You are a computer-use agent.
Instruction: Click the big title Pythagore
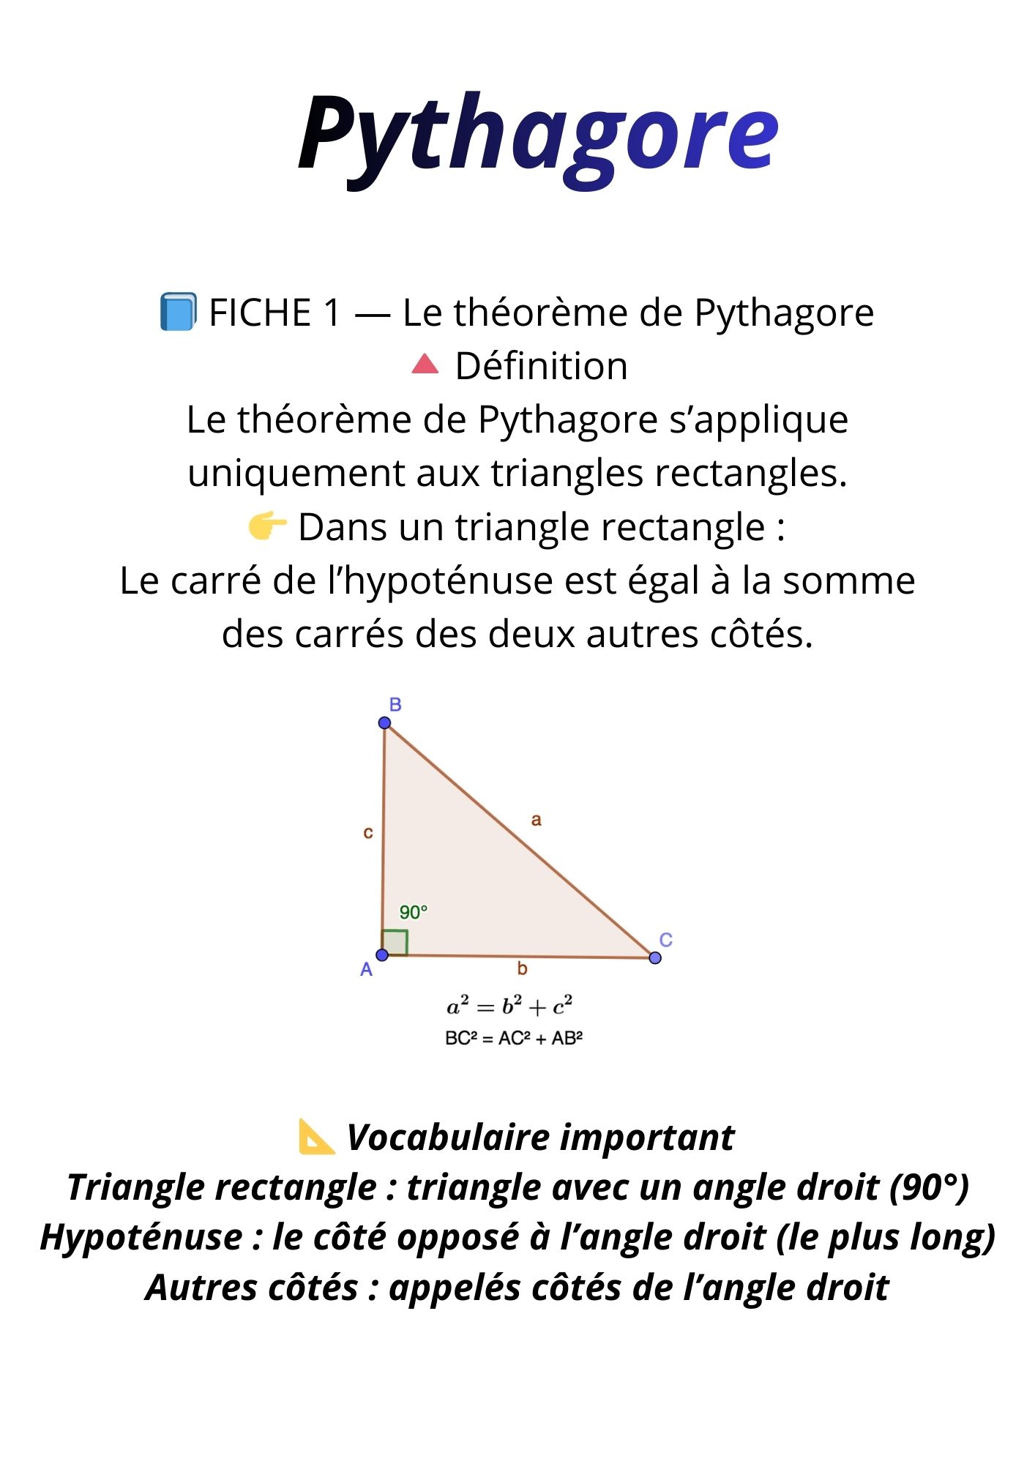coord(538,135)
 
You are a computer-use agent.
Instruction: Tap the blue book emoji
coord(178,312)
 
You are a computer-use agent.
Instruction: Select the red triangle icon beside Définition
coord(425,364)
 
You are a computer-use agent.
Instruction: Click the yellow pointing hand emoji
coord(267,526)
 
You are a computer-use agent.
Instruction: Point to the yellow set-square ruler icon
coord(317,1137)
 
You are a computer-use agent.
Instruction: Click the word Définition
coord(541,366)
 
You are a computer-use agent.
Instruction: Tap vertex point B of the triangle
coord(384,723)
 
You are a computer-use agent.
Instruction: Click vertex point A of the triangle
coord(382,955)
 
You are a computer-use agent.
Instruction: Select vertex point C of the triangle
coord(655,957)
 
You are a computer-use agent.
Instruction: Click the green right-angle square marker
coord(395,942)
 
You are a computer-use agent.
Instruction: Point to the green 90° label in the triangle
coord(413,912)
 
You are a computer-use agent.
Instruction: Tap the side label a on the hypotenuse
coord(536,820)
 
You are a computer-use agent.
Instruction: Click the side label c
coord(368,832)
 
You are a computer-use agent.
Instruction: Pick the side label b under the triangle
coord(522,969)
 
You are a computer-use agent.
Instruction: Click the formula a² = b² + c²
coord(509,1007)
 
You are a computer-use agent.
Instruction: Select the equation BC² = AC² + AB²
coord(514,1038)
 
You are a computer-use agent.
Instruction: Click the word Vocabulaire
coord(448,1138)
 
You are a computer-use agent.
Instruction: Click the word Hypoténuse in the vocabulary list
coord(141,1238)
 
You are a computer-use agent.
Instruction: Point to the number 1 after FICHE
coord(332,313)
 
